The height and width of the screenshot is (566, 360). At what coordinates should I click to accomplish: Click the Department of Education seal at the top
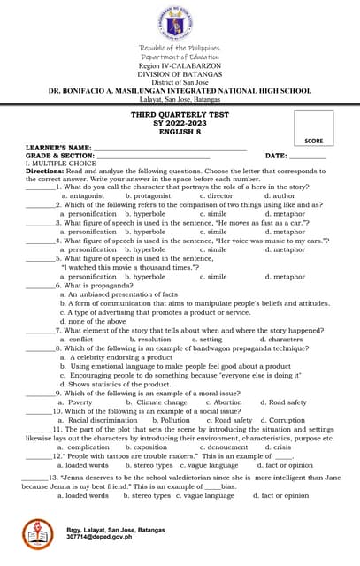coord(180,23)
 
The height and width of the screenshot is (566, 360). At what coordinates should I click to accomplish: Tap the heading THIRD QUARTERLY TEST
coord(180,115)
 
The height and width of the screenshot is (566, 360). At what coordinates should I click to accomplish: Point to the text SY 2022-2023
coord(180,123)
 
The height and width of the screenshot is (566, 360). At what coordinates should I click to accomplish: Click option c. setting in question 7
coord(205,339)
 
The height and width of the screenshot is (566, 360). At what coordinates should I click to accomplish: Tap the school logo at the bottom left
coord(38,532)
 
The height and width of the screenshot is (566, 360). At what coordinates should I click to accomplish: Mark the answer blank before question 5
coord(40,258)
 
